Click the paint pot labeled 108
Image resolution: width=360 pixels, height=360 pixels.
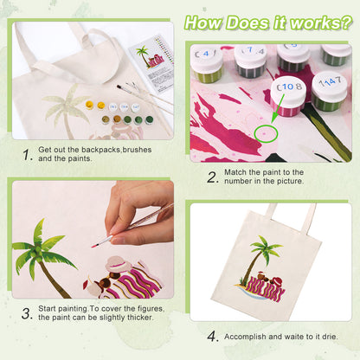[288, 93]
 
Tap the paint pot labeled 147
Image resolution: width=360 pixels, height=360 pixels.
[331, 89]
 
